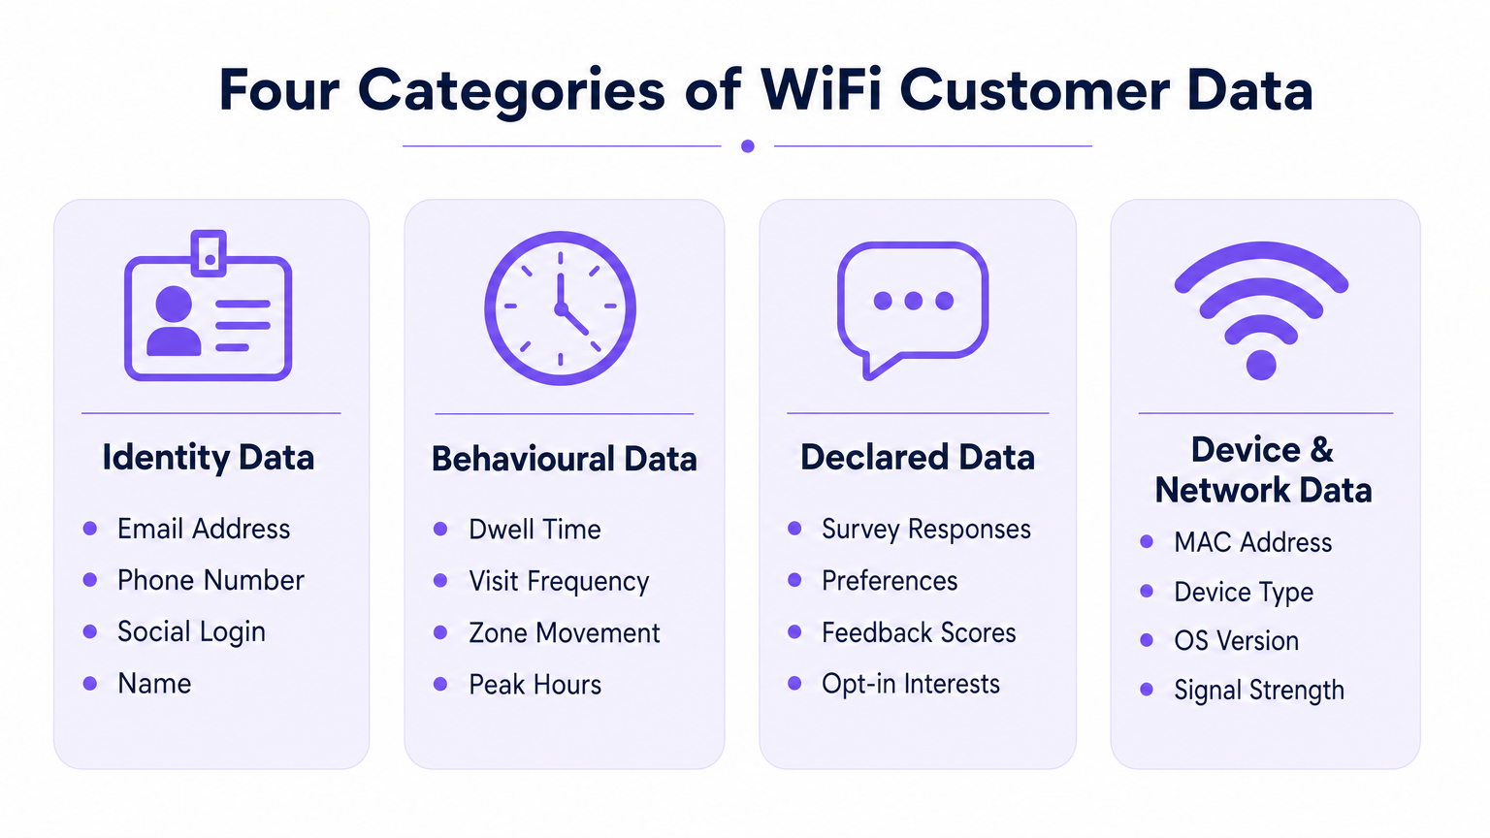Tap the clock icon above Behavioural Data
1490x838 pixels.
[560, 308]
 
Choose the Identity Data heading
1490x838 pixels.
[209, 457]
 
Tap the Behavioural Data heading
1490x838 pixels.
[564, 459]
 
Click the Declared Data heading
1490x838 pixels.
[918, 457]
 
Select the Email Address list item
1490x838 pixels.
[204, 529]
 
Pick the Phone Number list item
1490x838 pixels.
[211, 580]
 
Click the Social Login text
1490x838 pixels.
[191, 631]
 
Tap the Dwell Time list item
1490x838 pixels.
[534, 530]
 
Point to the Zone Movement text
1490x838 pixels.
[564, 632]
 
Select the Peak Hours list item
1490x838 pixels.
[534, 685]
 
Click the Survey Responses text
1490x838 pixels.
[925, 530]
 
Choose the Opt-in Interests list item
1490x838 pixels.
[910, 684]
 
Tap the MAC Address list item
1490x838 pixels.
[1252, 542]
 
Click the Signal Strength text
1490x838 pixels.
[1259, 690]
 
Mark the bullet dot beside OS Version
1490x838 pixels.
[1147, 640]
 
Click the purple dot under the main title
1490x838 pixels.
[747, 146]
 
